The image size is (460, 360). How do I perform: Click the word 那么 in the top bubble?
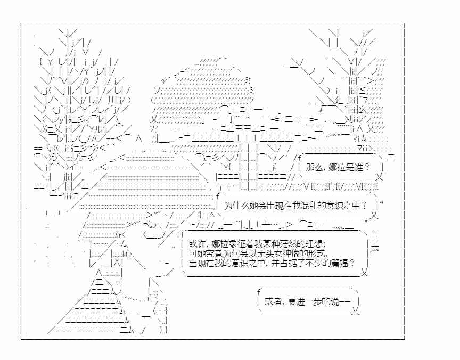(x=315, y=167)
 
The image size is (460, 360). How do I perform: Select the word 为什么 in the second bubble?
(x=236, y=206)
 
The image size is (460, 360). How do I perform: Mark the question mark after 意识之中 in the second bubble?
(x=365, y=205)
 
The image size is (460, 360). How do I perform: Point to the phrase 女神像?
(x=286, y=253)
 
